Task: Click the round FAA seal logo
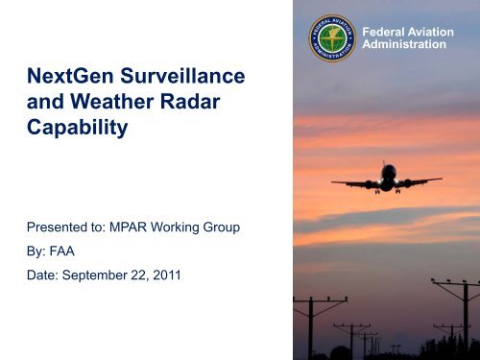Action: coord(332,38)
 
